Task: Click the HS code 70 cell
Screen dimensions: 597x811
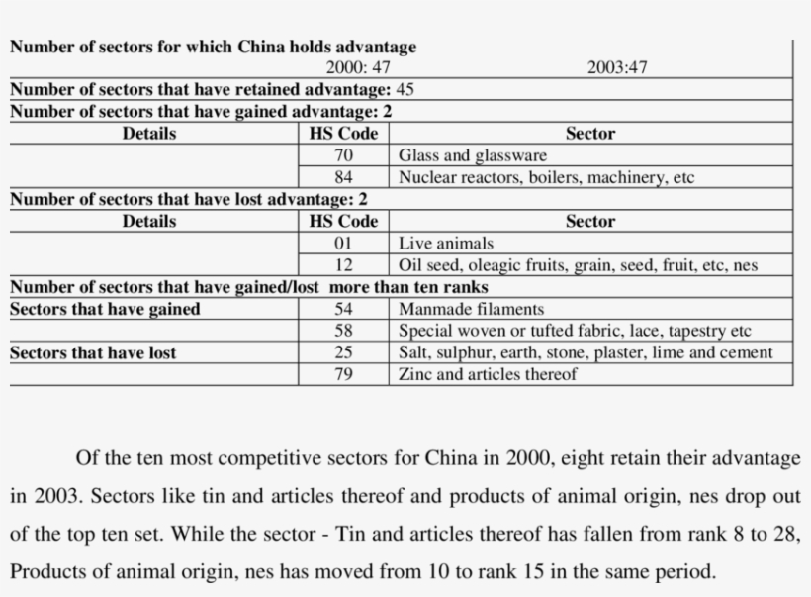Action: click(343, 155)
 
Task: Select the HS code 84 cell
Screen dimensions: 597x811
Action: click(343, 178)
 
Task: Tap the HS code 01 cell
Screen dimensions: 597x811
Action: click(343, 243)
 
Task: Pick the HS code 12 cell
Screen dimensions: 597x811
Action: click(343, 265)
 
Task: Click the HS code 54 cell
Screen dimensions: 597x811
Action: click(343, 309)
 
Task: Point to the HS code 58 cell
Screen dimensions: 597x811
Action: click(343, 331)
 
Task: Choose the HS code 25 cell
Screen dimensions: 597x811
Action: click(343, 352)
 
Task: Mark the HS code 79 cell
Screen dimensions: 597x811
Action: click(343, 374)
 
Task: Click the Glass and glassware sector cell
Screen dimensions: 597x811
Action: click(472, 155)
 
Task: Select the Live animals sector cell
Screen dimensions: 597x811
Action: click(445, 243)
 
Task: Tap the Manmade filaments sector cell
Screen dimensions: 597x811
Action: click(471, 309)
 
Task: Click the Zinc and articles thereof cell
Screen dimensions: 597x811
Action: click(487, 374)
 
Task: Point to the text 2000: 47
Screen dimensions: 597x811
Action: click(358, 68)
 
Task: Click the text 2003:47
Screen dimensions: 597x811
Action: click(617, 68)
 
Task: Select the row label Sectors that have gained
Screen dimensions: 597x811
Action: click(105, 309)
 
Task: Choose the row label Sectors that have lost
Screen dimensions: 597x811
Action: click(93, 352)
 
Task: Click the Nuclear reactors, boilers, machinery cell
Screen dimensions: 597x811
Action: click(546, 178)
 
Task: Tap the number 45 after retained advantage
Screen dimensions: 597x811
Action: click(405, 90)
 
